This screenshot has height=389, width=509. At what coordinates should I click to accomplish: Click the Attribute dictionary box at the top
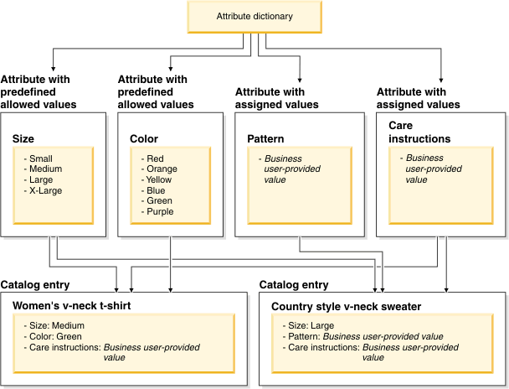(x=254, y=17)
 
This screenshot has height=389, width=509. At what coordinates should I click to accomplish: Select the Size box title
(x=24, y=138)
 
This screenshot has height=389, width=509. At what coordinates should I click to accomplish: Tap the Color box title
(x=144, y=138)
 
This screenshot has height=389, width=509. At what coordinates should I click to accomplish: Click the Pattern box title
(x=266, y=138)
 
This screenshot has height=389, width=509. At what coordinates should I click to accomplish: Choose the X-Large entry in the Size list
(x=46, y=190)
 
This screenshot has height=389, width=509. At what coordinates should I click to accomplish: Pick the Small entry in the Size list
(x=42, y=158)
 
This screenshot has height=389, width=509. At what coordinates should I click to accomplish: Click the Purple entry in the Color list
(x=160, y=211)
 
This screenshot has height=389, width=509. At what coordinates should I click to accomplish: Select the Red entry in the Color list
(x=156, y=158)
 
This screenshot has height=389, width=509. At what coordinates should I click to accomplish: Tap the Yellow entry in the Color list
(x=160, y=179)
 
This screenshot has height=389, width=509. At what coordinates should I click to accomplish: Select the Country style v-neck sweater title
(x=346, y=306)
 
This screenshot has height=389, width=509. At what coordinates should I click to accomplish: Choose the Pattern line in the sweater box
(x=365, y=336)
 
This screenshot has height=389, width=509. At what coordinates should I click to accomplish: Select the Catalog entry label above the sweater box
(x=294, y=285)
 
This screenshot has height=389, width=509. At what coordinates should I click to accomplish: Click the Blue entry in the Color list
(x=157, y=190)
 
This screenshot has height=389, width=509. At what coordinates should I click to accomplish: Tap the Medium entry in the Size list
(x=45, y=169)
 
